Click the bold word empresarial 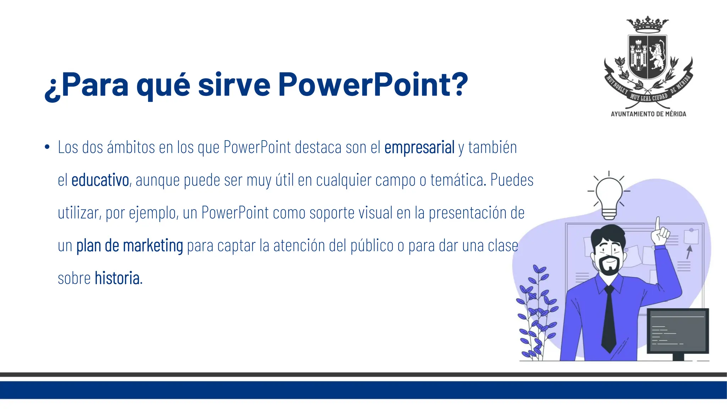pyautogui.click(x=419, y=148)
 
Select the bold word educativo pyautogui.click(x=100, y=180)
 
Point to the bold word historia pyautogui.click(x=117, y=278)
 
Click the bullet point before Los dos pyautogui.click(x=47, y=147)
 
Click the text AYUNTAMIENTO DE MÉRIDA pyautogui.click(x=648, y=114)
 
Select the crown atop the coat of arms pyautogui.click(x=647, y=24)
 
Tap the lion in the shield pyautogui.click(x=657, y=56)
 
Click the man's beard pyautogui.click(x=609, y=267)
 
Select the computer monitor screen pyautogui.click(x=678, y=331)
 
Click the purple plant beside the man pyautogui.click(x=536, y=312)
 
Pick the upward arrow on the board pyautogui.click(x=689, y=252)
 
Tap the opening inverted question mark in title pyautogui.click(x=52, y=89)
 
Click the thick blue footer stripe pyautogui.click(x=363, y=390)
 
